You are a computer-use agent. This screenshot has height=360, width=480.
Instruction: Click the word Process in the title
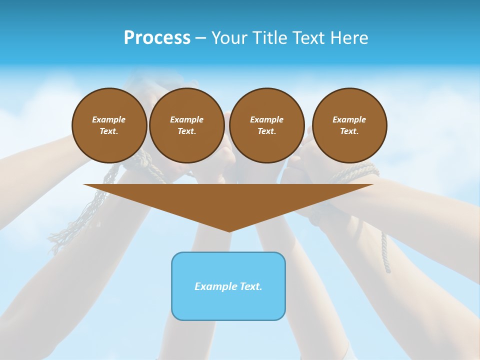[x=157, y=38]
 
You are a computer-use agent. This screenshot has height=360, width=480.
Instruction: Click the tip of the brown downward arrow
[x=229, y=230]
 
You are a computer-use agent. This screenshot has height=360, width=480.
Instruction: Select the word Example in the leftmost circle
[x=109, y=119]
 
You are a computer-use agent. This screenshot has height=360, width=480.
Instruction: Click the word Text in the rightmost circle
[x=349, y=131]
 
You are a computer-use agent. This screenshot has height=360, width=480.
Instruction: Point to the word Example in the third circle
[x=266, y=119]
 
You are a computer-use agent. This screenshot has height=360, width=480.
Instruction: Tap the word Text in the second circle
[x=186, y=131]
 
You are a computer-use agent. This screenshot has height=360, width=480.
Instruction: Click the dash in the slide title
[x=200, y=38]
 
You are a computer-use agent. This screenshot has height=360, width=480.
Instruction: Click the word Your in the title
[x=229, y=38]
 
